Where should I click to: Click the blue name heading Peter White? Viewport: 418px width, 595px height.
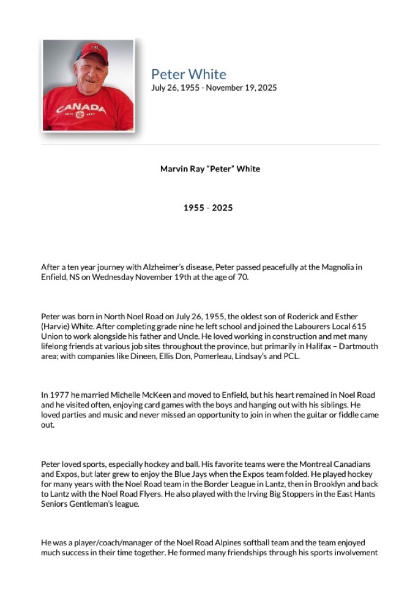click(x=188, y=75)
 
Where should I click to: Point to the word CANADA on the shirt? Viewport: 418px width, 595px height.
click(x=81, y=109)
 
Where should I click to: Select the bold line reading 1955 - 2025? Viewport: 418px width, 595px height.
click(x=208, y=208)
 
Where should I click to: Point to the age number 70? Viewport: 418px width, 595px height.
click(x=244, y=277)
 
